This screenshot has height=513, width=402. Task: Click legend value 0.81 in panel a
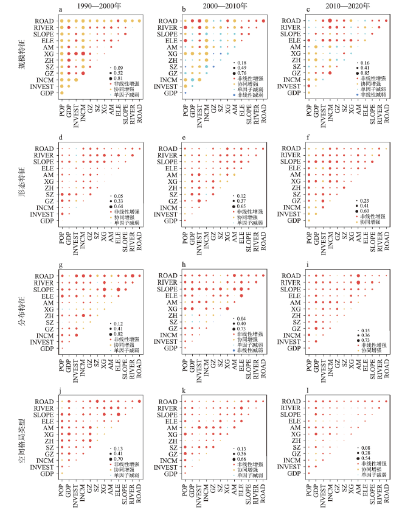point(119,78)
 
